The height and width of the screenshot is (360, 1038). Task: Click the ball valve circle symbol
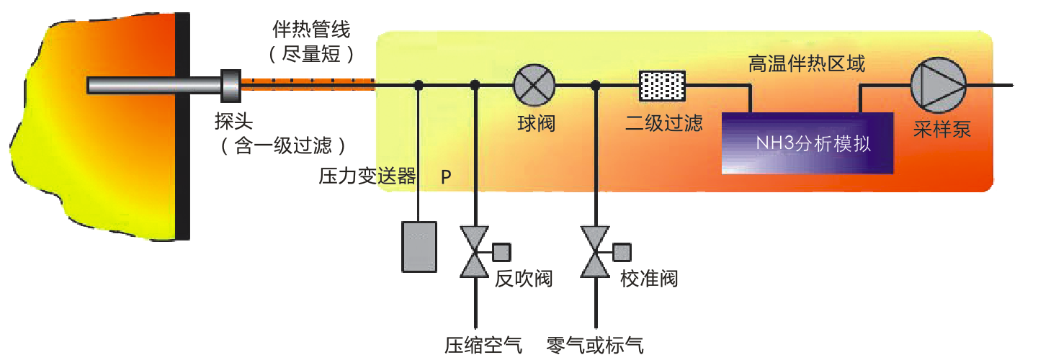534,84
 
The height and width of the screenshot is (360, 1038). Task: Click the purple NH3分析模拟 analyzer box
807,143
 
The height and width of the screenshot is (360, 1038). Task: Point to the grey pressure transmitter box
419,246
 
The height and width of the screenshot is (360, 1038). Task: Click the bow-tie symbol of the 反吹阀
475,252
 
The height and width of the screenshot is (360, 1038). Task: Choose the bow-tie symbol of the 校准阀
595,252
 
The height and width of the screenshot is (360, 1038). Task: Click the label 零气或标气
595,345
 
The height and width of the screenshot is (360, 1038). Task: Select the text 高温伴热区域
807,64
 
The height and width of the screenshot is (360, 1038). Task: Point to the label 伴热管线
311,30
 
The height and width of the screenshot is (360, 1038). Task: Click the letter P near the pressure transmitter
447,178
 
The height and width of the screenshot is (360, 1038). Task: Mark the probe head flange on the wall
231,85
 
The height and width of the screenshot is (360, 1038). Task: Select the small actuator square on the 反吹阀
501,252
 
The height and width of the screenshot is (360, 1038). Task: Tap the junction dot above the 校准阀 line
595,86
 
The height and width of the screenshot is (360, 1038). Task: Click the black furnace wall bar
184,126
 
